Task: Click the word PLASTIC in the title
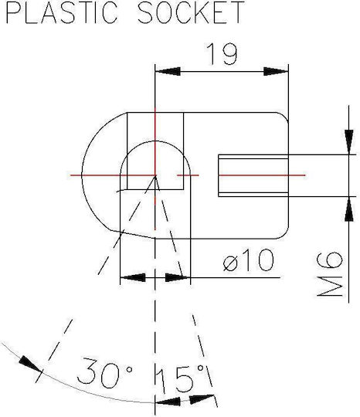point(62,12)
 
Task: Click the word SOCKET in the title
point(191,12)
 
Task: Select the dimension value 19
point(222,54)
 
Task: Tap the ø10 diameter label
point(248,260)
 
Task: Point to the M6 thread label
point(329,274)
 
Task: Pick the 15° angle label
point(181,378)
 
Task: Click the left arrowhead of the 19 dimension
point(168,72)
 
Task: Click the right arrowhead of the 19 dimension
point(276,72)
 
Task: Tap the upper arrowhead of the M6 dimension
point(349,142)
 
